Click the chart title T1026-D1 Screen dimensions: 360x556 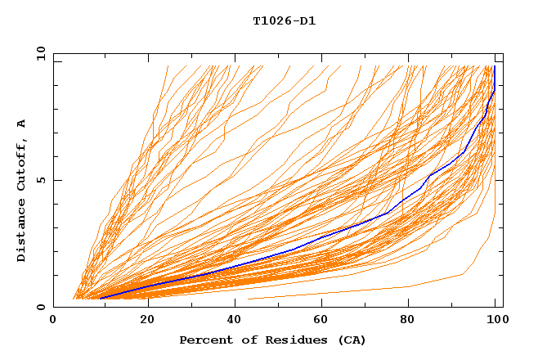tap(284, 21)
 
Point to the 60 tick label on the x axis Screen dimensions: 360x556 tap(323, 320)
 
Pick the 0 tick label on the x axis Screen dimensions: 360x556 tap(53, 320)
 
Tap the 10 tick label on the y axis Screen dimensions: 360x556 tap(38, 53)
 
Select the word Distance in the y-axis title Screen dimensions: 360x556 tap(21, 232)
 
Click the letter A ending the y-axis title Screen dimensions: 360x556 tap(21, 123)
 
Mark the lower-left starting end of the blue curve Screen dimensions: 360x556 tap(101, 298)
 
